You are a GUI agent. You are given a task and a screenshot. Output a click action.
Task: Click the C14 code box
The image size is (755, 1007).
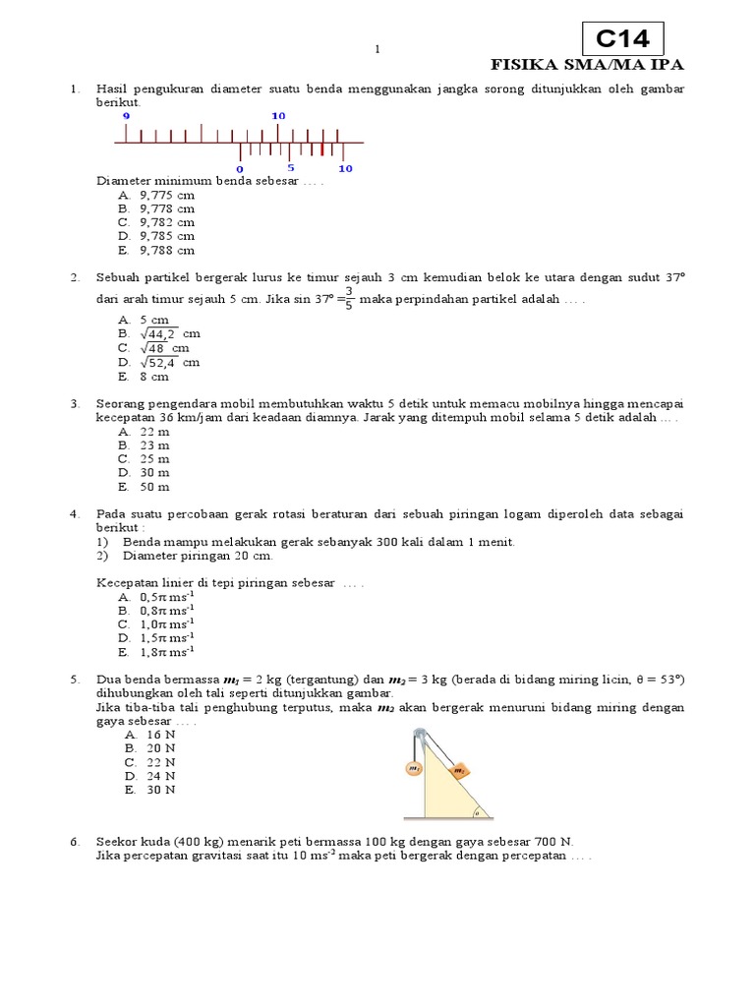coord(623,39)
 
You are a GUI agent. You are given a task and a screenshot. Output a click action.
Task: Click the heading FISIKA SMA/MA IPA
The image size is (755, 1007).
coord(587,65)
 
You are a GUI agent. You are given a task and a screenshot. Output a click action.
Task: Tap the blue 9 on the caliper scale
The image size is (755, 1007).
coord(126,116)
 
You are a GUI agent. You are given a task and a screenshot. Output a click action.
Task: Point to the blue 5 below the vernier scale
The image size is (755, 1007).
coord(291,168)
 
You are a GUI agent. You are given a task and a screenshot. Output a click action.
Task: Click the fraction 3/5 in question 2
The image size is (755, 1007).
coord(348,298)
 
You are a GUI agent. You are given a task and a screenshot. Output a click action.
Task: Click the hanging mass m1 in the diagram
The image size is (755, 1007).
coord(414,769)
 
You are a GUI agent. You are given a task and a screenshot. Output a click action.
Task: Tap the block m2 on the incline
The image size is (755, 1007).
coord(459,771)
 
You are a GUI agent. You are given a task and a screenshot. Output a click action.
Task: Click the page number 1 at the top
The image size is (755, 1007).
coord(377,49)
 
